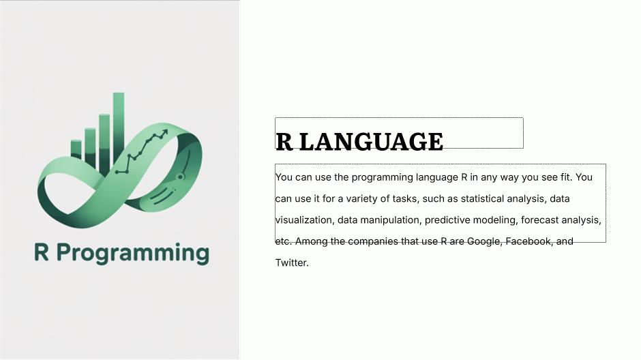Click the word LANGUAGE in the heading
pyautogui.click(x=372, y=142)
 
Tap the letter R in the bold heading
pyautogui.click(x=284, y=142)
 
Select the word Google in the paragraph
pyautogui.click(x=484, y=241)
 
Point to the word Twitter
pyautogui.click(x=292, y=262)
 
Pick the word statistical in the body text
pyautogui.click(x=482, y=198)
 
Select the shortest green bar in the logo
pyautogui.click(x=76, y=149)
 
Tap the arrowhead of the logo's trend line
pyautogui.click(x=164, y=132)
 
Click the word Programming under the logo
pyautogui.click(x=133, y=254)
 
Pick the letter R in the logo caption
pyautogui.click(x=42, y=252)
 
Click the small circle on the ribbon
pyautogui.click(x=180, y=177)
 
